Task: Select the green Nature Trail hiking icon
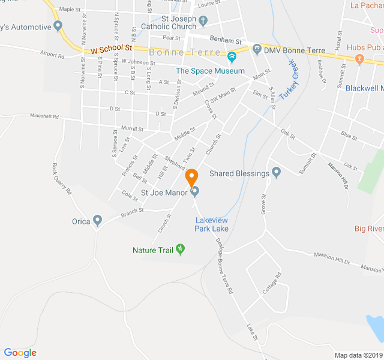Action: [180, 250]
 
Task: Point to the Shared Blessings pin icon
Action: [276, 173]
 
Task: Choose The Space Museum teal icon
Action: [232, 58]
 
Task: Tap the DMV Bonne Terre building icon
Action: [257, 48]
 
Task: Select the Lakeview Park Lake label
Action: [211, 224]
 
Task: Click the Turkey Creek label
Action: [289, 79]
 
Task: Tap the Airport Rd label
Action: [52, 55]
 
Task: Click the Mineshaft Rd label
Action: [47, 117]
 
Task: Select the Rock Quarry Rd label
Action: [62, 179]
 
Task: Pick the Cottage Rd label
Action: [271, 284]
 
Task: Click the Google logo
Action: [20, 353]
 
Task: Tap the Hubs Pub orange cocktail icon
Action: [359, 58]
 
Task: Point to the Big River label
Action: [368, 229]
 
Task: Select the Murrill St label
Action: [132, 129]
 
